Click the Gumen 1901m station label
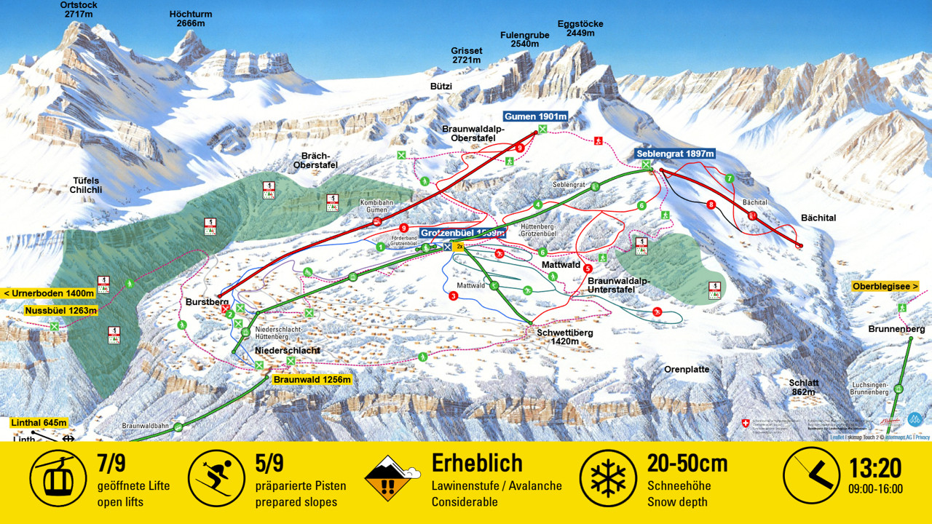pyautogui.click(x=536, y=117)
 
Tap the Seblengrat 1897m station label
pyautogui.click(x=675, y=154)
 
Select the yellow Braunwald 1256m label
pyautogui.click(x=312, y=379)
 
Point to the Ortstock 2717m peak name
pyautogui.click(x=79, y=9)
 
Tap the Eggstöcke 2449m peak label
pyautogui.click(x=580, y=28)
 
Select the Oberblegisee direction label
pyautogui.click(x=885, y=286)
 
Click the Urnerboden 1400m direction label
pyautogui.click(x=50, y=293)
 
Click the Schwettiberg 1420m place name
pyautogui.click(x=565, y=336)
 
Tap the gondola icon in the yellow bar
pyautogui.click(x=58, y=477)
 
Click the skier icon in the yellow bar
pyautogui.click(x=216, y=477)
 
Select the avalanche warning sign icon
pyautogui.click(x=392, y=477)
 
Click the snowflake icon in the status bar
pyautogui.click(x=607, y=477)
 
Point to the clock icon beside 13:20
pyautogui.click(x=811, y=477)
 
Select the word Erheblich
pyautogui.click(x=477, y=463)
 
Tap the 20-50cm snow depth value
pyautogui.click(x=687, y=463)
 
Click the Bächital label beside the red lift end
pyautogui.click(x=818, y=218)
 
